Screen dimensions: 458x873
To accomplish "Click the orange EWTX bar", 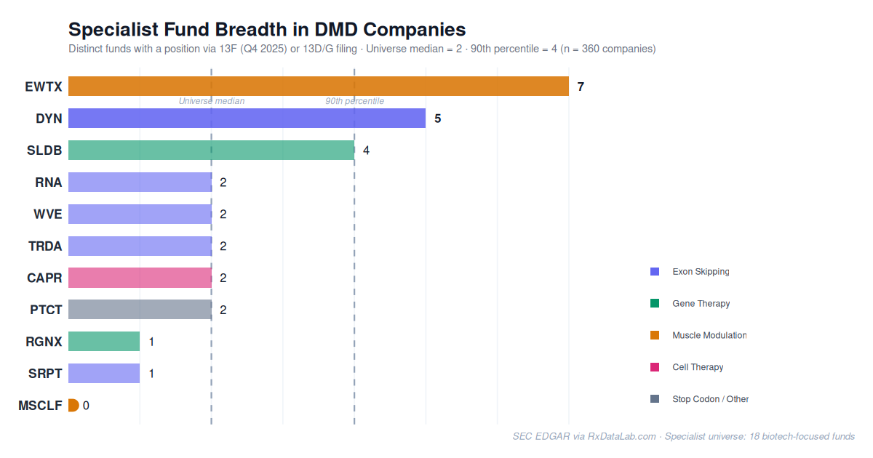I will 318,87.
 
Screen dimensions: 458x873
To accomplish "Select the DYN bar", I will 247,118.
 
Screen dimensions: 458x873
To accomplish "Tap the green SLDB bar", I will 211,150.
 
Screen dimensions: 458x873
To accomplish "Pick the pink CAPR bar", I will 140,278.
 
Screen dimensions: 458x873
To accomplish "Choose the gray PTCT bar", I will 140,310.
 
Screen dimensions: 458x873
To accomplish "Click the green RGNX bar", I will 104,342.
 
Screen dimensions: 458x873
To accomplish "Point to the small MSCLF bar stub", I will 73,406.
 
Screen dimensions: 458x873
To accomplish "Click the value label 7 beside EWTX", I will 581,87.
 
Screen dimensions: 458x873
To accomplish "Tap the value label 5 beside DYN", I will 437,118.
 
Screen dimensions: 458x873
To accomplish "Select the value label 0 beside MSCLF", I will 86,406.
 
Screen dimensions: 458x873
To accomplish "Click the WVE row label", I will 47,214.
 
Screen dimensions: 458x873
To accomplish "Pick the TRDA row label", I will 45,246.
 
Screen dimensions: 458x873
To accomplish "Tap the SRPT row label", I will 45,374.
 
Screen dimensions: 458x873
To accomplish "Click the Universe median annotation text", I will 212,101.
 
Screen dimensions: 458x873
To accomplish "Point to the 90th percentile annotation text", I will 354,101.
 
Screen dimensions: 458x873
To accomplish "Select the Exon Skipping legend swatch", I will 655,271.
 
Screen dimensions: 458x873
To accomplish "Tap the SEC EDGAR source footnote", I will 683,436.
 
